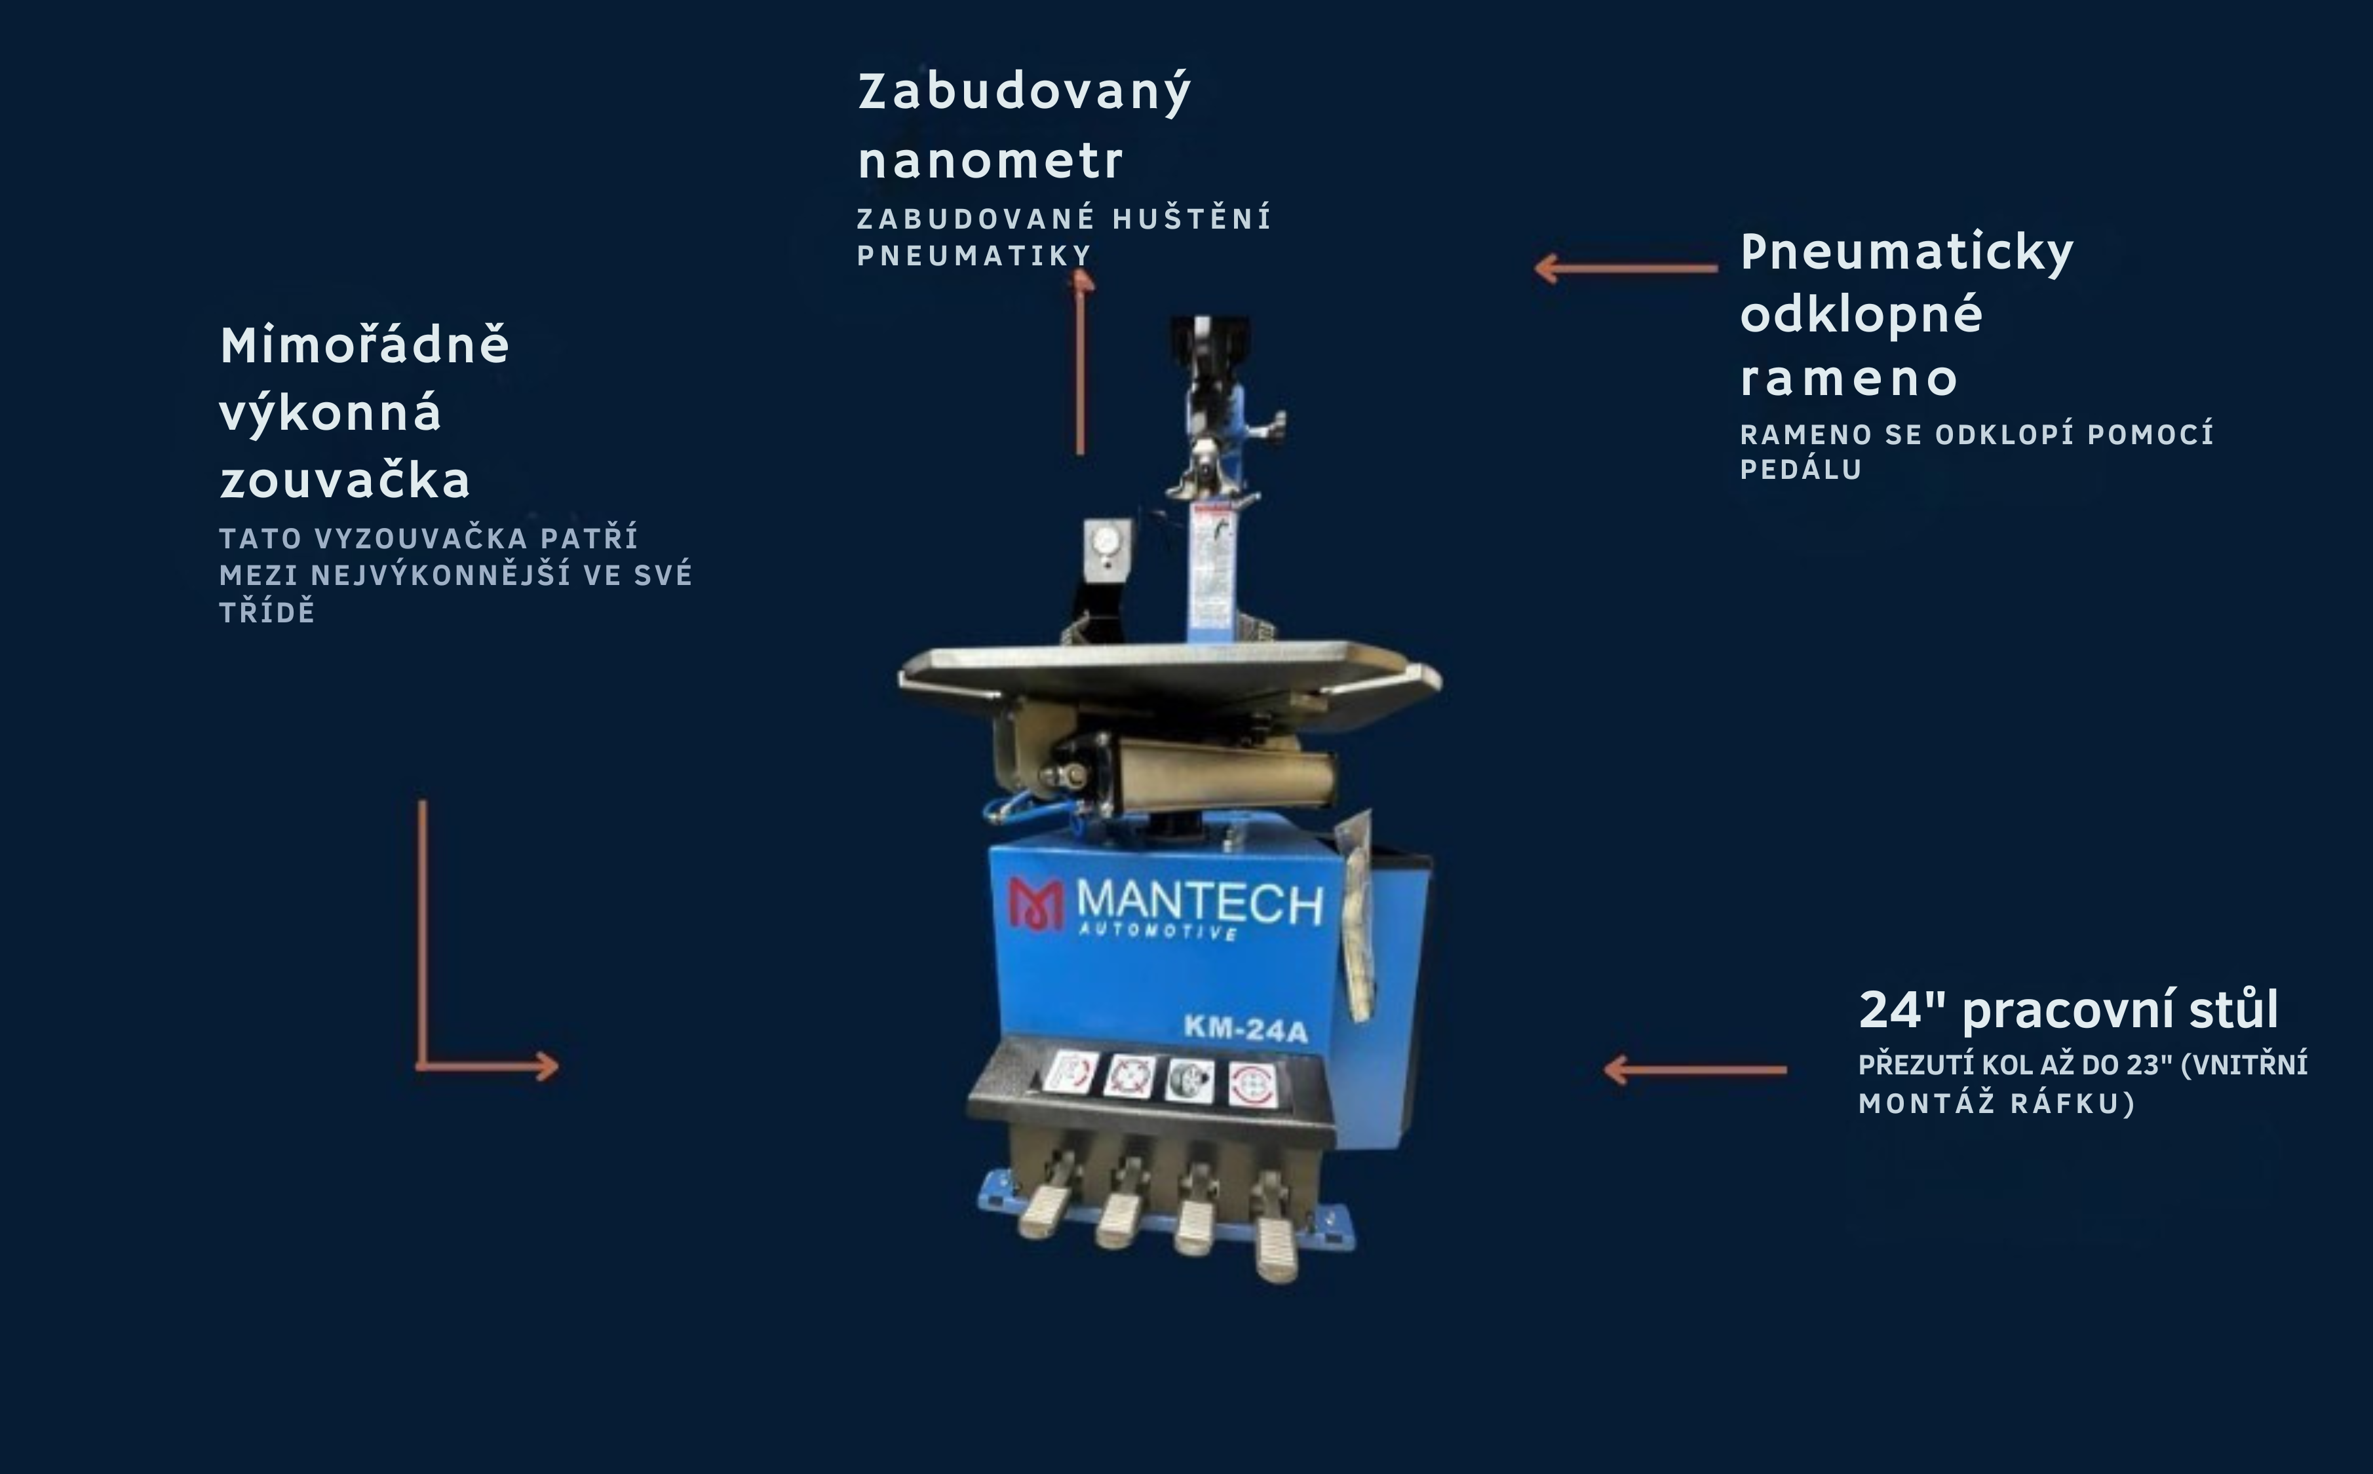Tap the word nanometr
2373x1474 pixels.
click(x=990, y=161)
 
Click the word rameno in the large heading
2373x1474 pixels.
click(x=1849, y=379)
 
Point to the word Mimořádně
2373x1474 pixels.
click(x=364, y=345)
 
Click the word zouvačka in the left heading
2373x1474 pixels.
click(x=345, y=480)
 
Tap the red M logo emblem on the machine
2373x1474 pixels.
click(x=1036, y=903)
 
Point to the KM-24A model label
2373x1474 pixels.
click(x=1245, y=1029)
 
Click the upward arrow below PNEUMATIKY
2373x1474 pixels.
click(x=1080, y=363)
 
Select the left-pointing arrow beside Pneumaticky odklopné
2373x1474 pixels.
click(x=1626, y=267)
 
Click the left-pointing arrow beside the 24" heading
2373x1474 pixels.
click(x=1695, y=1069)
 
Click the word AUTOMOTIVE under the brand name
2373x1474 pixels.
click(x=1158, y=932)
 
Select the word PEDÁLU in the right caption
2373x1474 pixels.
click(x=1801, y=470)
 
